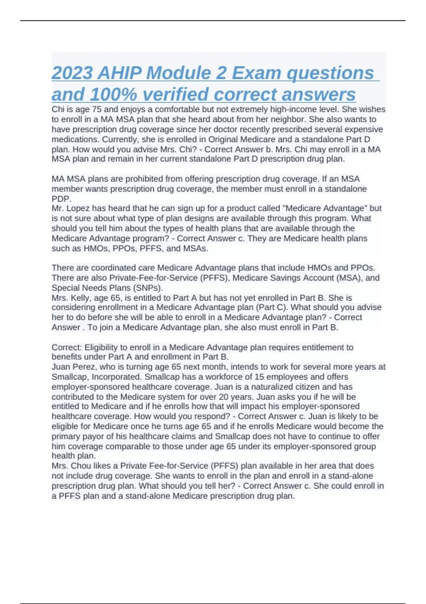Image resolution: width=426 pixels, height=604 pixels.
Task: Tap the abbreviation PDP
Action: click(x=61, y=199)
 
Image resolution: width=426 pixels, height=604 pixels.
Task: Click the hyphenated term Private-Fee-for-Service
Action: click(x=153, y=278)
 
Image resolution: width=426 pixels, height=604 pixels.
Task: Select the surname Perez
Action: click(x=83, y=367)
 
